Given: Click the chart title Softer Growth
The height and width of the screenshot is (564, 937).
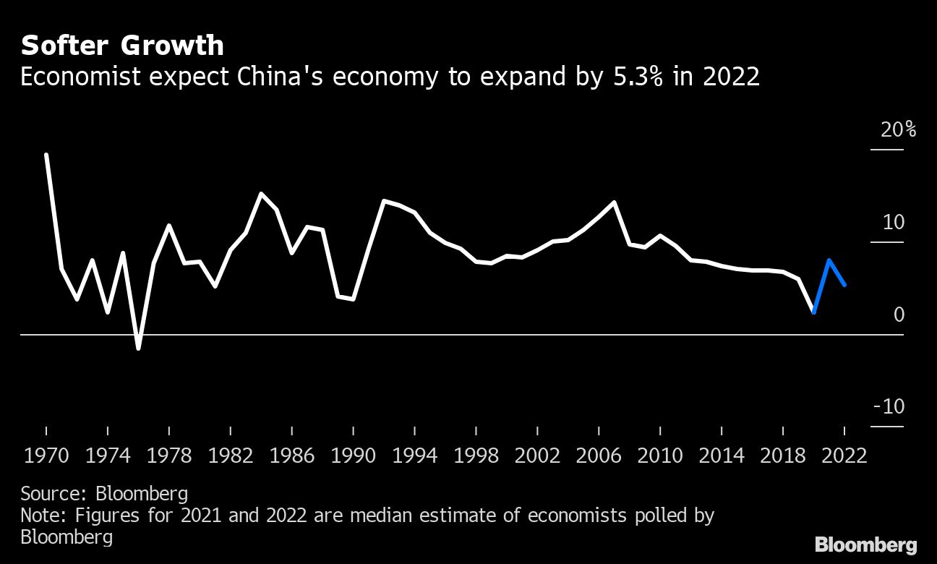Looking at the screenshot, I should pos(122,46).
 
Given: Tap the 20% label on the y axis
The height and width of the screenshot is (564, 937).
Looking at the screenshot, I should pos(898,130).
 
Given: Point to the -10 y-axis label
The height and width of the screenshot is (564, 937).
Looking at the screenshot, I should pos(889,406).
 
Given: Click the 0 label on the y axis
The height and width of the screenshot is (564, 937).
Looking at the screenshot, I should pos(899,315).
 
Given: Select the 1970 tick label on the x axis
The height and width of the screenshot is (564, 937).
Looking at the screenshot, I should pos(47,456).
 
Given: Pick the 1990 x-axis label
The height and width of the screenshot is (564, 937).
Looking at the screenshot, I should pos(353,456).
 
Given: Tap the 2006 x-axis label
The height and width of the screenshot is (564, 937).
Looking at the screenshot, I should pos(599,456).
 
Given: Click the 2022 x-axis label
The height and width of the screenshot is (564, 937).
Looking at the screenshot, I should pos(844,456).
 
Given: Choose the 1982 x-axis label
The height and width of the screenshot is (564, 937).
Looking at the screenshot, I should pos(230,456).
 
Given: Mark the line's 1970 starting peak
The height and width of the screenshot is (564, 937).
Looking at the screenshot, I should pos(46,155).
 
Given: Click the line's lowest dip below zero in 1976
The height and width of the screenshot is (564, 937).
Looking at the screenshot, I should pos(138,349).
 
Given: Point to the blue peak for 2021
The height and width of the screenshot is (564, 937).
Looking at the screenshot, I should pos(829,260).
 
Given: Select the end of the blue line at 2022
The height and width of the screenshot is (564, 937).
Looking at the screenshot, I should pos(844,285).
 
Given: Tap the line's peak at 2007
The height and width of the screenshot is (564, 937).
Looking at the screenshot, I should pos(614,202).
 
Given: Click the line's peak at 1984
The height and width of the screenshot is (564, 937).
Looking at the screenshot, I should pos(261,194).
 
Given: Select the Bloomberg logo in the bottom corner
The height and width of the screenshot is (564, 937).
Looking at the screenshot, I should pos(865,544).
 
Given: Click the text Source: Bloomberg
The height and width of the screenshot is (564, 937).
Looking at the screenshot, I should pos(104,494).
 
